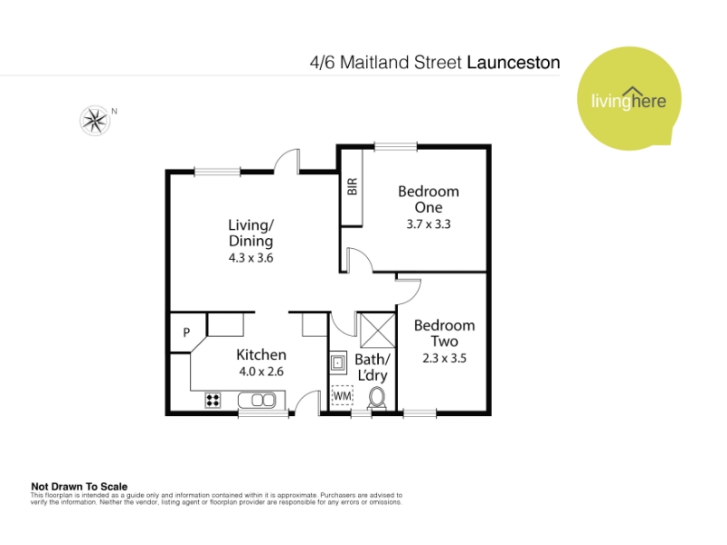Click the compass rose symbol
coord(95,121)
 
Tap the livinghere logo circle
coord(629,98)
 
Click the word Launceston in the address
coord(513,63)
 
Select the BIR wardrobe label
coord(353,186)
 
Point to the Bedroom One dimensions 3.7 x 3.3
coord(428,224)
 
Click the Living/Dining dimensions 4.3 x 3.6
coord(251,258)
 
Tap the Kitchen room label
coord(261,355)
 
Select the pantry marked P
coord(186,332)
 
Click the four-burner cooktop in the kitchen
coord(213,400)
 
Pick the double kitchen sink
coord(257,400)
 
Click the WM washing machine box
coord(343,396)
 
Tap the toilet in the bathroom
coord(376,399)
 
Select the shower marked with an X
coord(377,330)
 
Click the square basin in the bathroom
coord(338,362)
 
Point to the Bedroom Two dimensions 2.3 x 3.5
coord(444,358)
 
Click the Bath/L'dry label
coord(373,368)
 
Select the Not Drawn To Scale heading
coord(79,487)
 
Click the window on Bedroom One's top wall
coord(395,147)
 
